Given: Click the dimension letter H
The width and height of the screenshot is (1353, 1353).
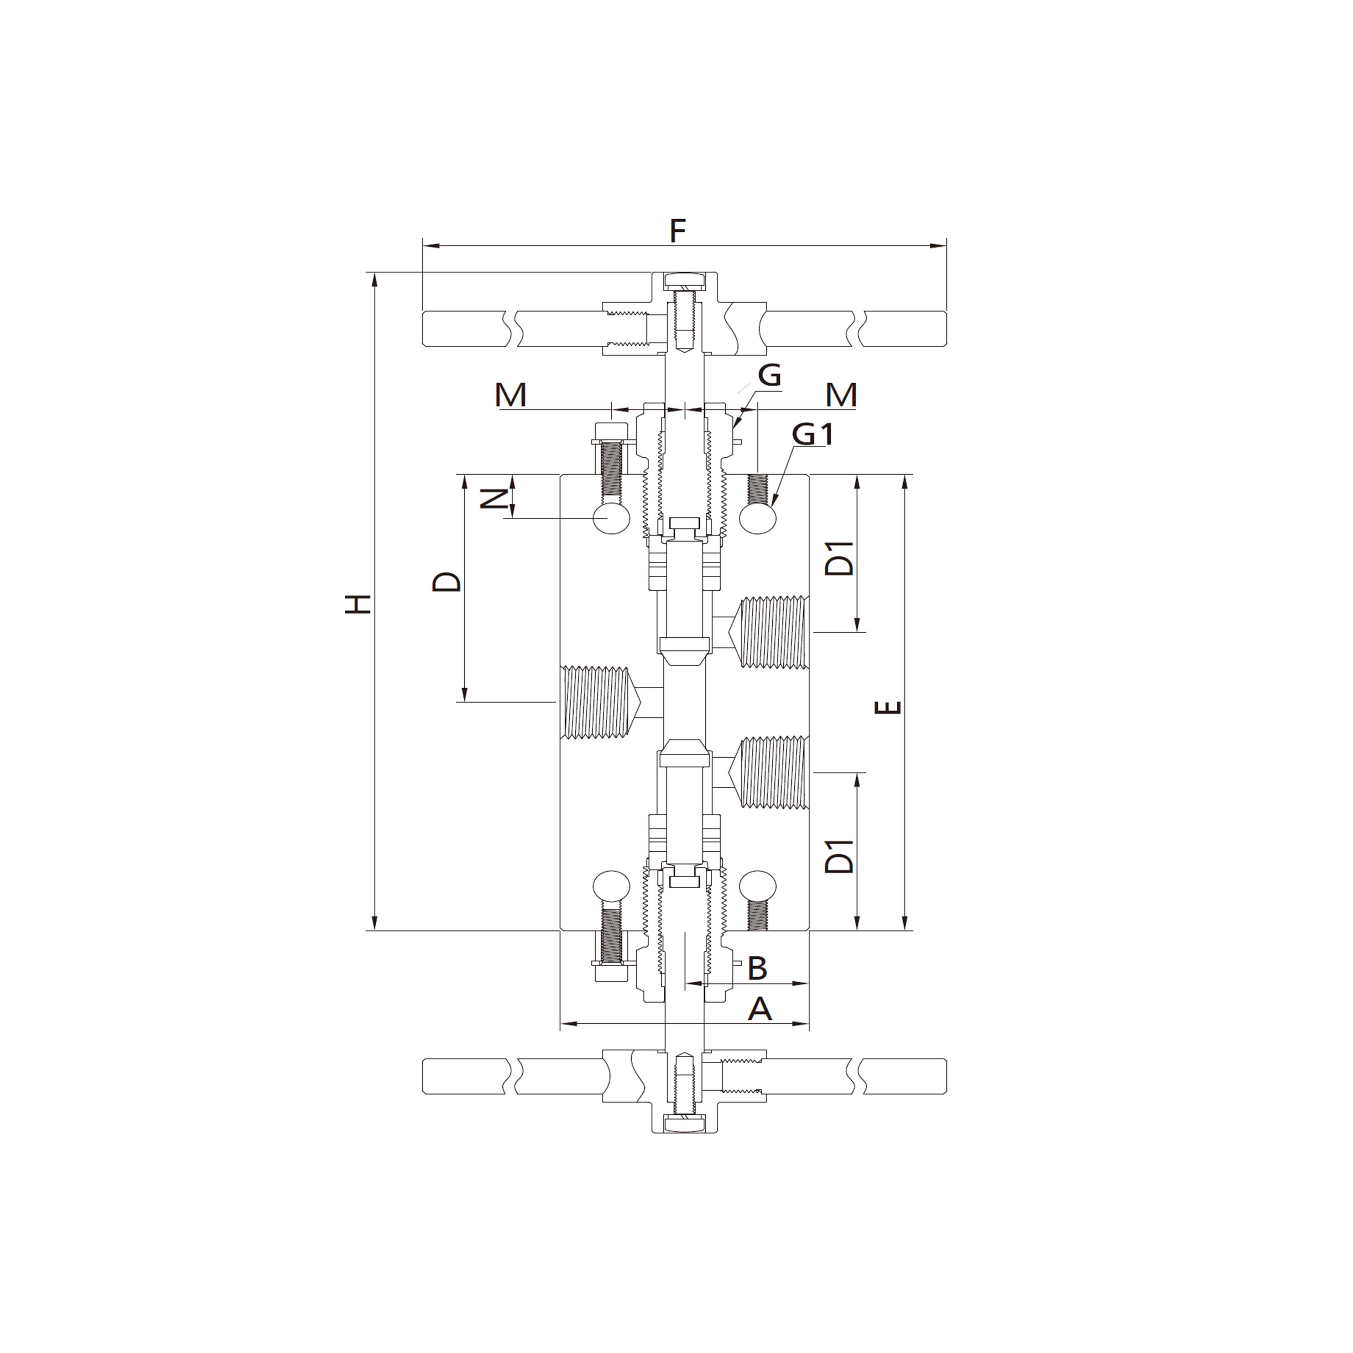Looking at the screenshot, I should click(358, 604).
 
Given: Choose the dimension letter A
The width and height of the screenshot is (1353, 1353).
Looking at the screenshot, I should click(760, 1010).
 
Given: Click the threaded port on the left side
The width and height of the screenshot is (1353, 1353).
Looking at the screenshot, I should click(597, 702).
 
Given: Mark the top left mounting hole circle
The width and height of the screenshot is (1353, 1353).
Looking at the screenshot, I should click(611, 519).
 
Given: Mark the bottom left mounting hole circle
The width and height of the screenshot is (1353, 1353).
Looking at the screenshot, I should click(611, 887).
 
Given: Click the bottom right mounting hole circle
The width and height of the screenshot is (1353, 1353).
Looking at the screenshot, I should click(758, 887).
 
